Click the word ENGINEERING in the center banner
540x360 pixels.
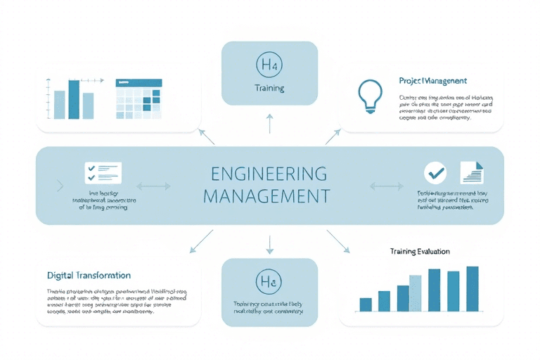tap(269, 173)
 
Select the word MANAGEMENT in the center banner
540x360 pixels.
tap(269, 195)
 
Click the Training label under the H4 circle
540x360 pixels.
tap(269, 89)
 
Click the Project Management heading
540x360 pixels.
tap(432, 82)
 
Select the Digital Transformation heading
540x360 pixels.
tap(89, 275)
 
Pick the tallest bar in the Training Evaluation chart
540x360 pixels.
tap(472, 288)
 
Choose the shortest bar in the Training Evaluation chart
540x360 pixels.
tap(366, 304)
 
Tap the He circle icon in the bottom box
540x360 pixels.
tap(269, 282)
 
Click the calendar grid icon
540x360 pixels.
tap(139, 99)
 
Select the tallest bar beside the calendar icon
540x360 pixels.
tap(73, 99)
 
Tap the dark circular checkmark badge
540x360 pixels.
tap(435, 172)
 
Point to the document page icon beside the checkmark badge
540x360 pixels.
tap(472, 172)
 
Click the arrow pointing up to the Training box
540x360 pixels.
tap(269, 124)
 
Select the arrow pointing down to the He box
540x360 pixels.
tap(269, 243)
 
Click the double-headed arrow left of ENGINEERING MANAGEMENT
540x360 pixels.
tap(153, 186)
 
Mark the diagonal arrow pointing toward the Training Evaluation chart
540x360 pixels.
tap(338, 240)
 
